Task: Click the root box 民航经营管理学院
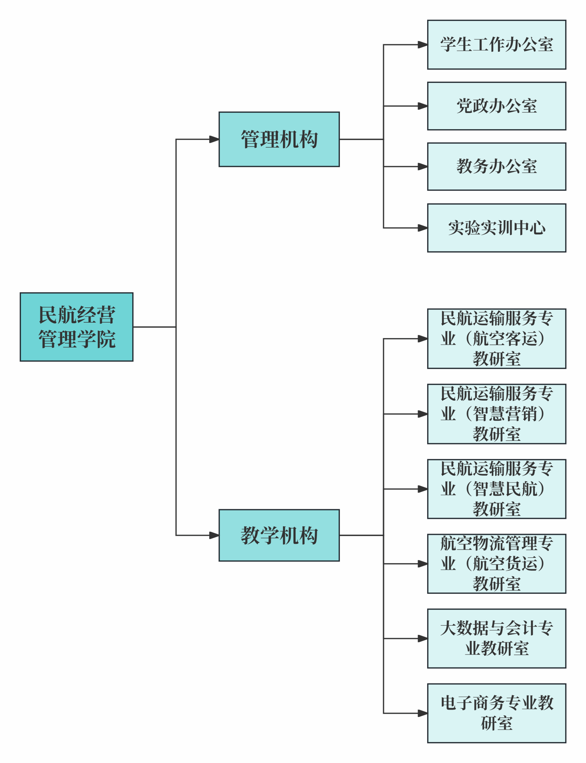coord(76,327)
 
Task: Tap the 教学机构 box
coord(279,535)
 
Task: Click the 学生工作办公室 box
coord(496,45)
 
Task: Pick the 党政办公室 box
coord(496,106)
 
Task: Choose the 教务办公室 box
coord(496,167)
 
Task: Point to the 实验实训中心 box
coord(496,228)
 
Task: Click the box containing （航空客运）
coord(496,338)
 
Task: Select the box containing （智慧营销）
coord(496,414)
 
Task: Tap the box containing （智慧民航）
coord(496,489)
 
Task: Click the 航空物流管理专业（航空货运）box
coord(496,564)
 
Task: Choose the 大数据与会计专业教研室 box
coord(496,639)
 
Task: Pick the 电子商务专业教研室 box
coord(496,713)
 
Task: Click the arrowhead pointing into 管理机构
coord(214,140)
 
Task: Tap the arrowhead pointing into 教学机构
coord(214,535)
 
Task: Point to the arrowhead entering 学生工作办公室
coord(423,45)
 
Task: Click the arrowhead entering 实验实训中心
coord(423,228)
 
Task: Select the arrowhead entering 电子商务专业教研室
coord(423,713)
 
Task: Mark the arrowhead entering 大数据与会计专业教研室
coord(423,639)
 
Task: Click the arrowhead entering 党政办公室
coord(423,106)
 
